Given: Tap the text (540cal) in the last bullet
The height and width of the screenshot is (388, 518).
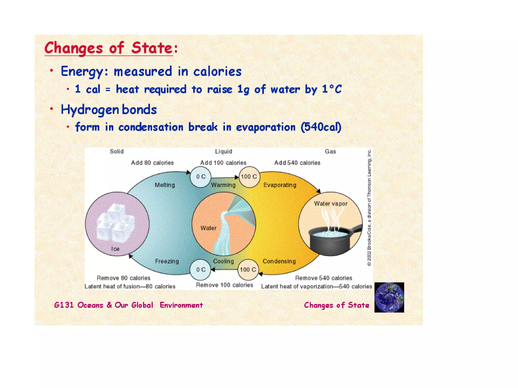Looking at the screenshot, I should (x=321, y=127).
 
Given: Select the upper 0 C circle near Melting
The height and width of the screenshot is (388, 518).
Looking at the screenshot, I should (x=201, y=177).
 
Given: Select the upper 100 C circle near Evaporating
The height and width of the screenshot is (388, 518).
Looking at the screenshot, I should (x=249, y=177).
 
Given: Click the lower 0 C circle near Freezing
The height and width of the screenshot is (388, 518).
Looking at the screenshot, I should (x=201, y=270).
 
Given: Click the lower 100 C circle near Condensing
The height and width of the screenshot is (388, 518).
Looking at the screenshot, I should (x=248, y=270).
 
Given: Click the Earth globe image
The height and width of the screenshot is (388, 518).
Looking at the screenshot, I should (x=389, y=297).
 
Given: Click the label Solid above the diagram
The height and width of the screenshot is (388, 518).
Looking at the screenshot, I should (x=117, y=151).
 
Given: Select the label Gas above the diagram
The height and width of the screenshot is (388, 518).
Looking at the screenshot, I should (x=330, y=151).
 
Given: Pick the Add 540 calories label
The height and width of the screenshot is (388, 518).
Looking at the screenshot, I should (x=297, y=163).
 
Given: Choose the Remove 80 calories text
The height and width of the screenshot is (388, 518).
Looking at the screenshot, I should (x=123, y=278).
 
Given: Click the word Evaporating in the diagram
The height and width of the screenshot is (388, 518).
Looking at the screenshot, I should (x=280, y=185).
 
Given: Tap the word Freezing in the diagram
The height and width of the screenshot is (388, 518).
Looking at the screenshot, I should (x=167, y=261).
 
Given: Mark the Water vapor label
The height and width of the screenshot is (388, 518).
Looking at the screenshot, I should (x=331, y=204).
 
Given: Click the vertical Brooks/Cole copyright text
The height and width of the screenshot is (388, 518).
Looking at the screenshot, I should (x=369, y=207).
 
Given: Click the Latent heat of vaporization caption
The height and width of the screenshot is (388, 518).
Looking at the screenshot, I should (x=316, y=286).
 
